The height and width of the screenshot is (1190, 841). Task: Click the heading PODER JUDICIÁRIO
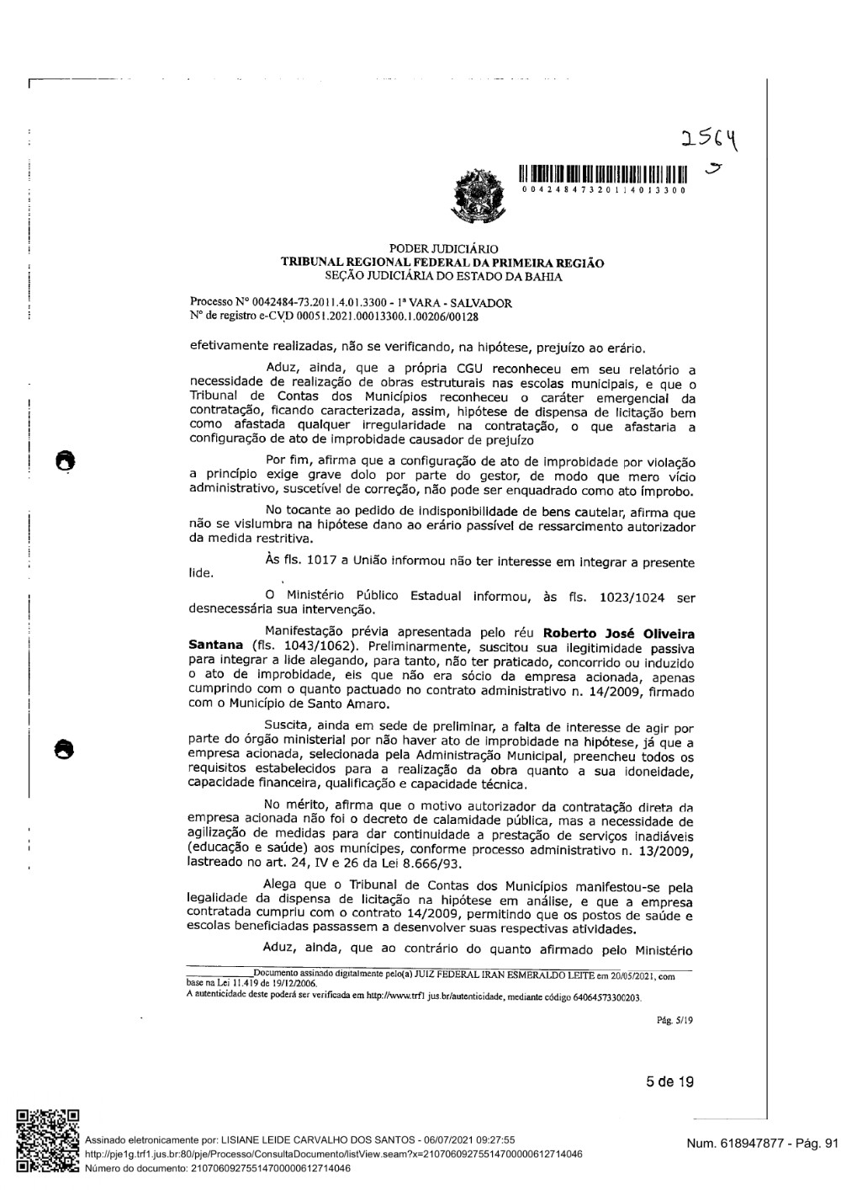coord(443,249)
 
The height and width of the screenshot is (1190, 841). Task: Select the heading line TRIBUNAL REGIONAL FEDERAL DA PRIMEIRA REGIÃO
coord(442,263)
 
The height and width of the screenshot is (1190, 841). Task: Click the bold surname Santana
coord(215,645)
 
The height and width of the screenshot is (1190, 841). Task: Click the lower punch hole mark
coord(64,746)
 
